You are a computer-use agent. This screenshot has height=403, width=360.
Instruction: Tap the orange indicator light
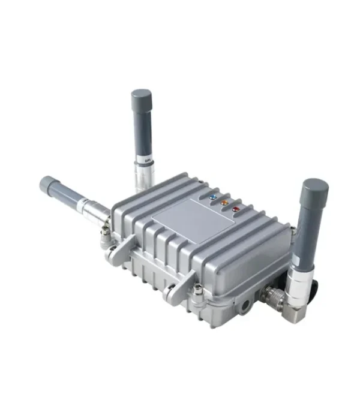(223, 203)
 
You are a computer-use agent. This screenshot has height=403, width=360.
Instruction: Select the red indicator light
(236, 209)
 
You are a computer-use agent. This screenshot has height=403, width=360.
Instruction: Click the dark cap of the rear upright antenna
(142, 98)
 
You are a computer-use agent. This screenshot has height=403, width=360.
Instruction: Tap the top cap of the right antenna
(315, 189)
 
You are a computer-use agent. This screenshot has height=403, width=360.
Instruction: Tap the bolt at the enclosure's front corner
(196, 291)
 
